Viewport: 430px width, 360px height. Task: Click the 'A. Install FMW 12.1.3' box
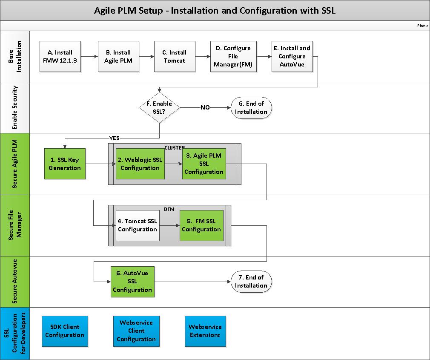60,56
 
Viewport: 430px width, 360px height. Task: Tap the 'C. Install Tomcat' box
175,56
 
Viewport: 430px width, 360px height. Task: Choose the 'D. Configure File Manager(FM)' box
233,56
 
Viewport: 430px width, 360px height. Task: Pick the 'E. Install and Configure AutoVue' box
292,56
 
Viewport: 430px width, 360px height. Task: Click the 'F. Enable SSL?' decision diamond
159,108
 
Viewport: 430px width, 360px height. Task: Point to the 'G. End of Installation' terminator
251,108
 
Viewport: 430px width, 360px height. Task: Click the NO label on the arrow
205,108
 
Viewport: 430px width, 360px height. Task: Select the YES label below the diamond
115,138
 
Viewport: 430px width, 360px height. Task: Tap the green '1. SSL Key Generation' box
65,164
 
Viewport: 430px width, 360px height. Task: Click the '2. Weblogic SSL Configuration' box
140,164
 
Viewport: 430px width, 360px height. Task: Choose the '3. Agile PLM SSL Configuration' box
204,164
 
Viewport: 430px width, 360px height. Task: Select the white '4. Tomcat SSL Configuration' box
138,225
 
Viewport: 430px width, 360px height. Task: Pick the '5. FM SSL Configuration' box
201,225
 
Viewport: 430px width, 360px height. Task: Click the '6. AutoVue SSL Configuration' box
132,281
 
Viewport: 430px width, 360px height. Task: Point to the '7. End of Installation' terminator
251,282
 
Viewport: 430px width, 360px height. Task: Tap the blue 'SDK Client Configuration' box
65,331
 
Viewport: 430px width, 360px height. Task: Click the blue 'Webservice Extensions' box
205,331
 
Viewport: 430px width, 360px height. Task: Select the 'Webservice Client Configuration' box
136,331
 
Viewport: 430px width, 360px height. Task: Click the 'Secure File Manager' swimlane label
15,225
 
